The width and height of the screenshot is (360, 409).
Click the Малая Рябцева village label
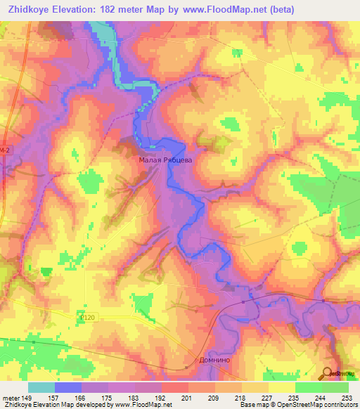[164, 160]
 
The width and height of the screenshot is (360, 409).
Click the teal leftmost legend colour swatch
[41, 387]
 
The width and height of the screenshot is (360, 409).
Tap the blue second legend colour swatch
[68, 387]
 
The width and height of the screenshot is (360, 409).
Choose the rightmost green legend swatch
[335, 387]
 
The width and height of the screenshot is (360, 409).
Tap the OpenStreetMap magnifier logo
[328, 375]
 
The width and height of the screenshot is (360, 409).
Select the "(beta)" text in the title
[280, 9]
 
